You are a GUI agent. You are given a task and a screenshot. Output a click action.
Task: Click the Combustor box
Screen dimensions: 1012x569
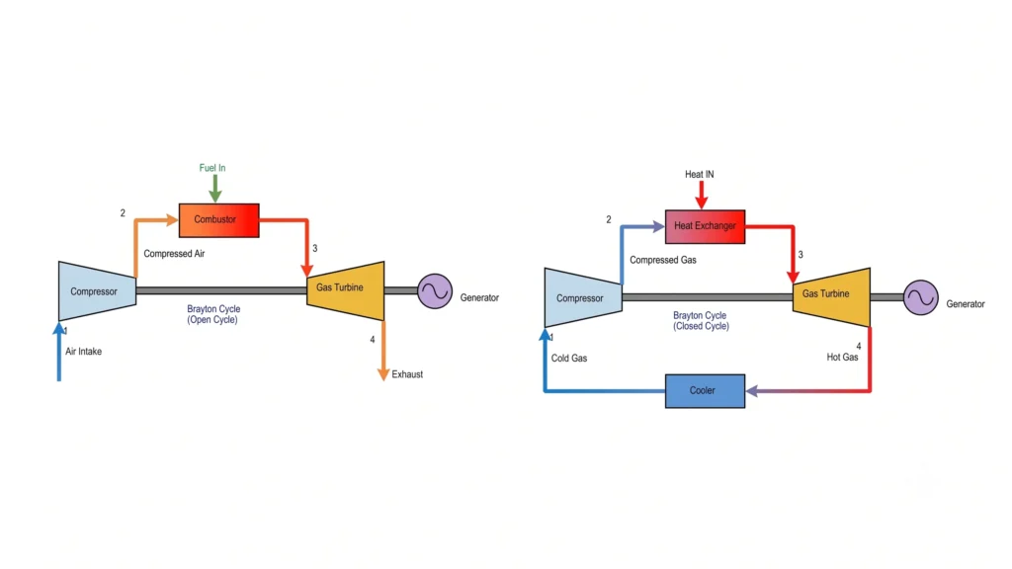(x=218, y=220)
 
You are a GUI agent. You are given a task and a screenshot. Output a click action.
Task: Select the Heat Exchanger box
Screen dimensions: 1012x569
(x=705, y=226)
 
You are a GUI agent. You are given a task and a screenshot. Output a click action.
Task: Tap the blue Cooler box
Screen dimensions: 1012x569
(x=705, y=391)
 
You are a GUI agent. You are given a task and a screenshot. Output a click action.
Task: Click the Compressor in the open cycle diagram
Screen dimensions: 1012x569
(x=98, y=291)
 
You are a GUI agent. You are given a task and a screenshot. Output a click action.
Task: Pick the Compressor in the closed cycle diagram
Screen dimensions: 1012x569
(x=583, y=297)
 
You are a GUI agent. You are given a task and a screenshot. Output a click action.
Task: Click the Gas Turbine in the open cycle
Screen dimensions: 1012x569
(x=345, y=290)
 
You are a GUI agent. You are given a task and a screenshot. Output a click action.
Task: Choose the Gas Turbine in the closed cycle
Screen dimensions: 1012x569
(x=831, y=296)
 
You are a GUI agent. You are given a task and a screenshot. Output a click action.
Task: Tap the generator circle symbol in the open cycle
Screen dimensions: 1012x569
(x=435, y=291)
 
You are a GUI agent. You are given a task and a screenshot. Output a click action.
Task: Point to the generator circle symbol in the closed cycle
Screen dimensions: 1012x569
(x=921, y=297)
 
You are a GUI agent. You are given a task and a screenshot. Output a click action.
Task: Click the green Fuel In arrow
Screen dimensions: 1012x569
(x=215, y=189)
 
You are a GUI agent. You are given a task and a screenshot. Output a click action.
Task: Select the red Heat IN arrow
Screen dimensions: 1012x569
(x=702, y=195)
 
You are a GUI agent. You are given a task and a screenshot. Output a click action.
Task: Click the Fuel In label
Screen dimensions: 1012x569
(x=212, y=168)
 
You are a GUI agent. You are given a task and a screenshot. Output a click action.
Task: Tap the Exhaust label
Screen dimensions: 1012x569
(x=407, y=374)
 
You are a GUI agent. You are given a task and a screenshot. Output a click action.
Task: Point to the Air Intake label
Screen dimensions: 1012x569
(x=83, y=352)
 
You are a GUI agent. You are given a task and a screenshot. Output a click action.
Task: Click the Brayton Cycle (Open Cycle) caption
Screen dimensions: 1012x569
(x=213, y=314)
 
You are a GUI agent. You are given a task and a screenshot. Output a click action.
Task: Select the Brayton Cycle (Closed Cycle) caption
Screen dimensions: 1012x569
(x=701, y=321)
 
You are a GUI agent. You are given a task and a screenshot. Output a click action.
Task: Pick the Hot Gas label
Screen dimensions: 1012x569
(x=842, y=357)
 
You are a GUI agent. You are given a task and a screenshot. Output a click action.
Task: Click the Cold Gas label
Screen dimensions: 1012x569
(x=569, y=358)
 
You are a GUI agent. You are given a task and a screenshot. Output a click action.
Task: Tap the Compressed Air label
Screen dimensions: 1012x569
(x=174, y=254)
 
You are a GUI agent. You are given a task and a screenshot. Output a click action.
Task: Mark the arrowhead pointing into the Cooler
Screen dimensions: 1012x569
(x=752, y=391)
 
